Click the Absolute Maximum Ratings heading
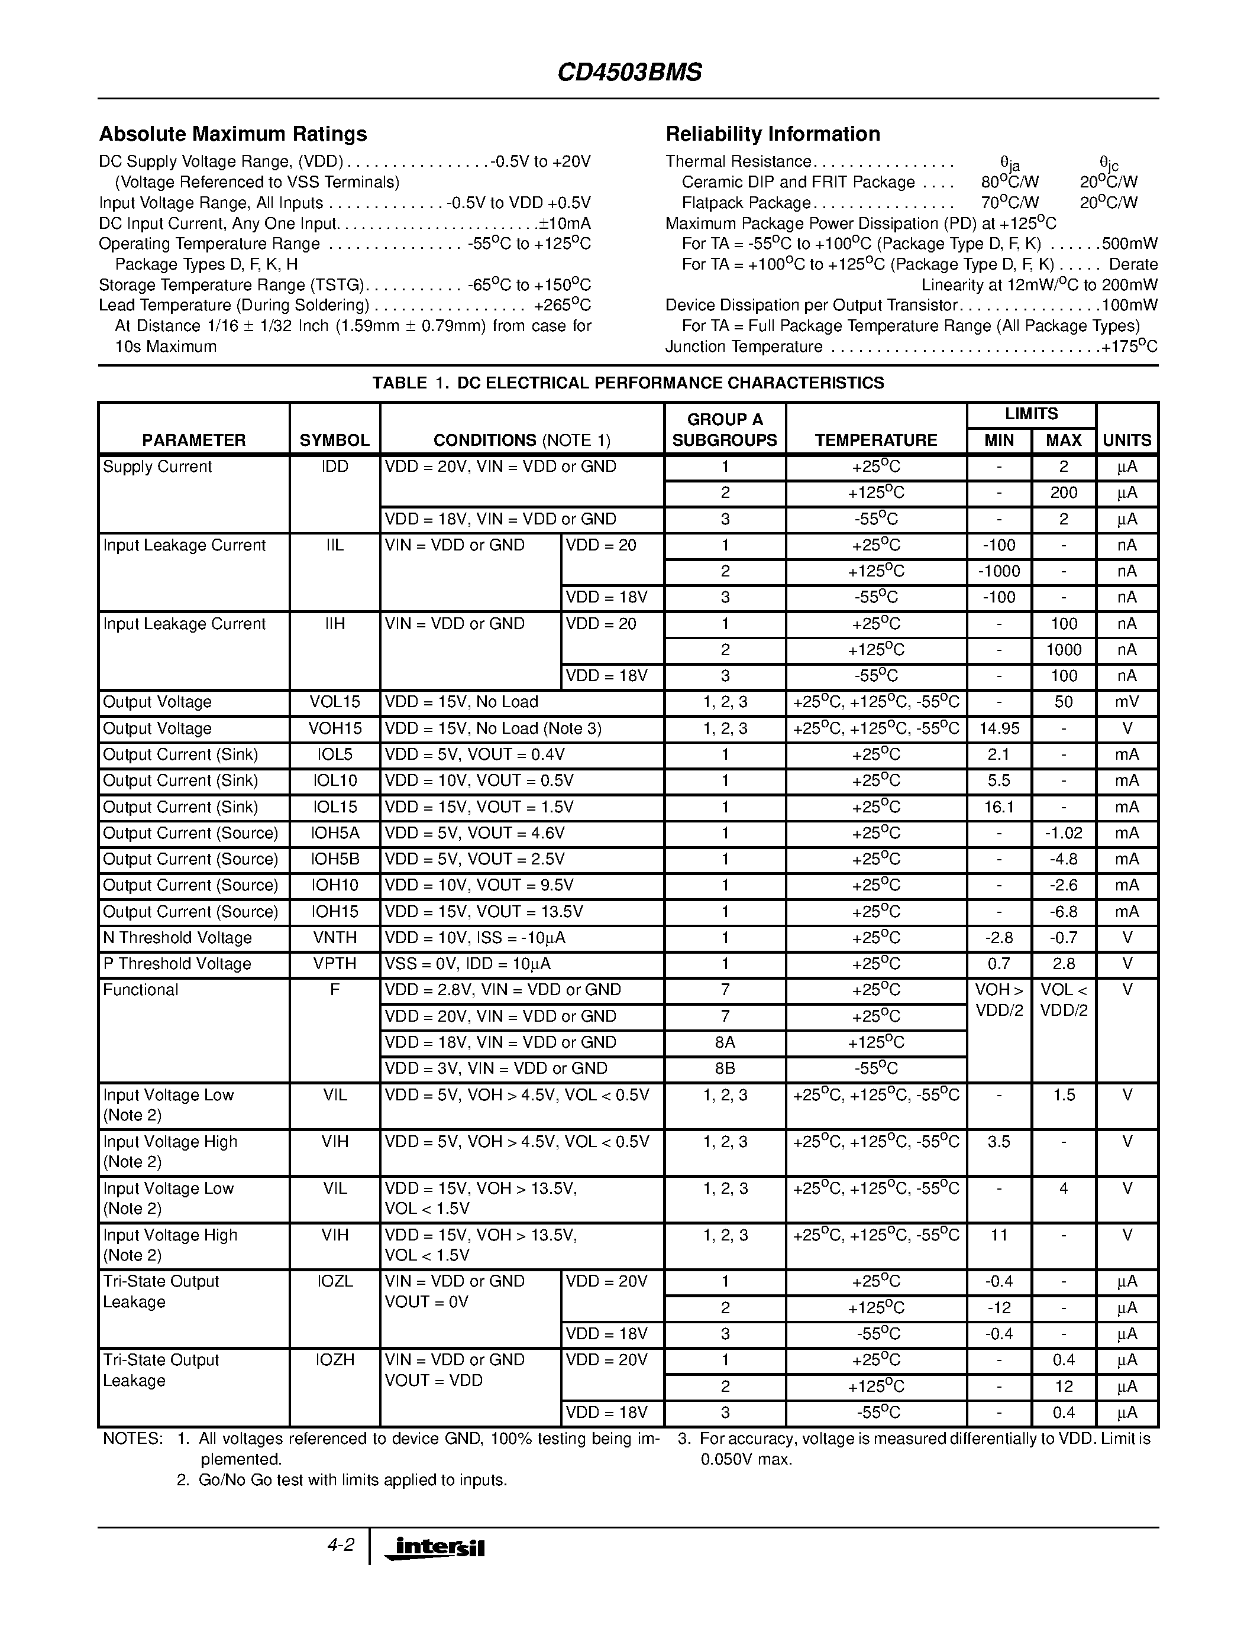point(233,134)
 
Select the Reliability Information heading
point(772,134)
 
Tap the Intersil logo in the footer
point(434,1548)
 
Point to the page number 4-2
point(340,1545)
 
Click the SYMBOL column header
point(334,440)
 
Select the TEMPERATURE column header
point(875,440)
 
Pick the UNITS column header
point(1127,440)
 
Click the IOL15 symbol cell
point(334,807)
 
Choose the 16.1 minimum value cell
point(999,807)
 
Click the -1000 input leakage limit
point(999,571)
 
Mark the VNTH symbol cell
point(334,938)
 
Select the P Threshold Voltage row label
point(177,964)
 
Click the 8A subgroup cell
point(725,1042)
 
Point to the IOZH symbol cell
point(334,1360)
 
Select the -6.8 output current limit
point(1064,912)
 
